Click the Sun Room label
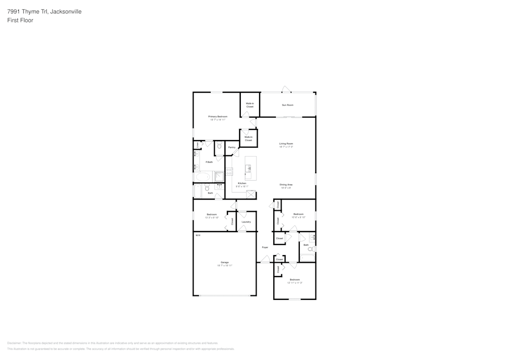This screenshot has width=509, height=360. point(288,105)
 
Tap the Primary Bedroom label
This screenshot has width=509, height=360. point(217,117)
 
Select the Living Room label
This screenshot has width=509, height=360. point(286,144)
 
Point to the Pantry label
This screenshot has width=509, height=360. point(232,147)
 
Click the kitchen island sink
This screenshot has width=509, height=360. point(248,169)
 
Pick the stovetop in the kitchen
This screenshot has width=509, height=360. point(229,172)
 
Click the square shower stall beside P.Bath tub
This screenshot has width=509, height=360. point(219,176)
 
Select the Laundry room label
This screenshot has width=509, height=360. point(246,222)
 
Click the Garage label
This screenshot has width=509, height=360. point(224,262)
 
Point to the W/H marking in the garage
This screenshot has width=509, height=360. point(197,235)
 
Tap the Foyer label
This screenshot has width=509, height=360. point(265,247)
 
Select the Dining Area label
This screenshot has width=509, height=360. point(286,184)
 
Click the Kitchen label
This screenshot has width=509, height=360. point(242,183)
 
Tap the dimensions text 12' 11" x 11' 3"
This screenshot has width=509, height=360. point(295,283)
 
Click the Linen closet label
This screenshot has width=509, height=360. point(197,145)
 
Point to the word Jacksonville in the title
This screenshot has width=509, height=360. point(67,11)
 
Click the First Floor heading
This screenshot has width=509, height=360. point(20,20)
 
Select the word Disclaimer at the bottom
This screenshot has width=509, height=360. point(14,343)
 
